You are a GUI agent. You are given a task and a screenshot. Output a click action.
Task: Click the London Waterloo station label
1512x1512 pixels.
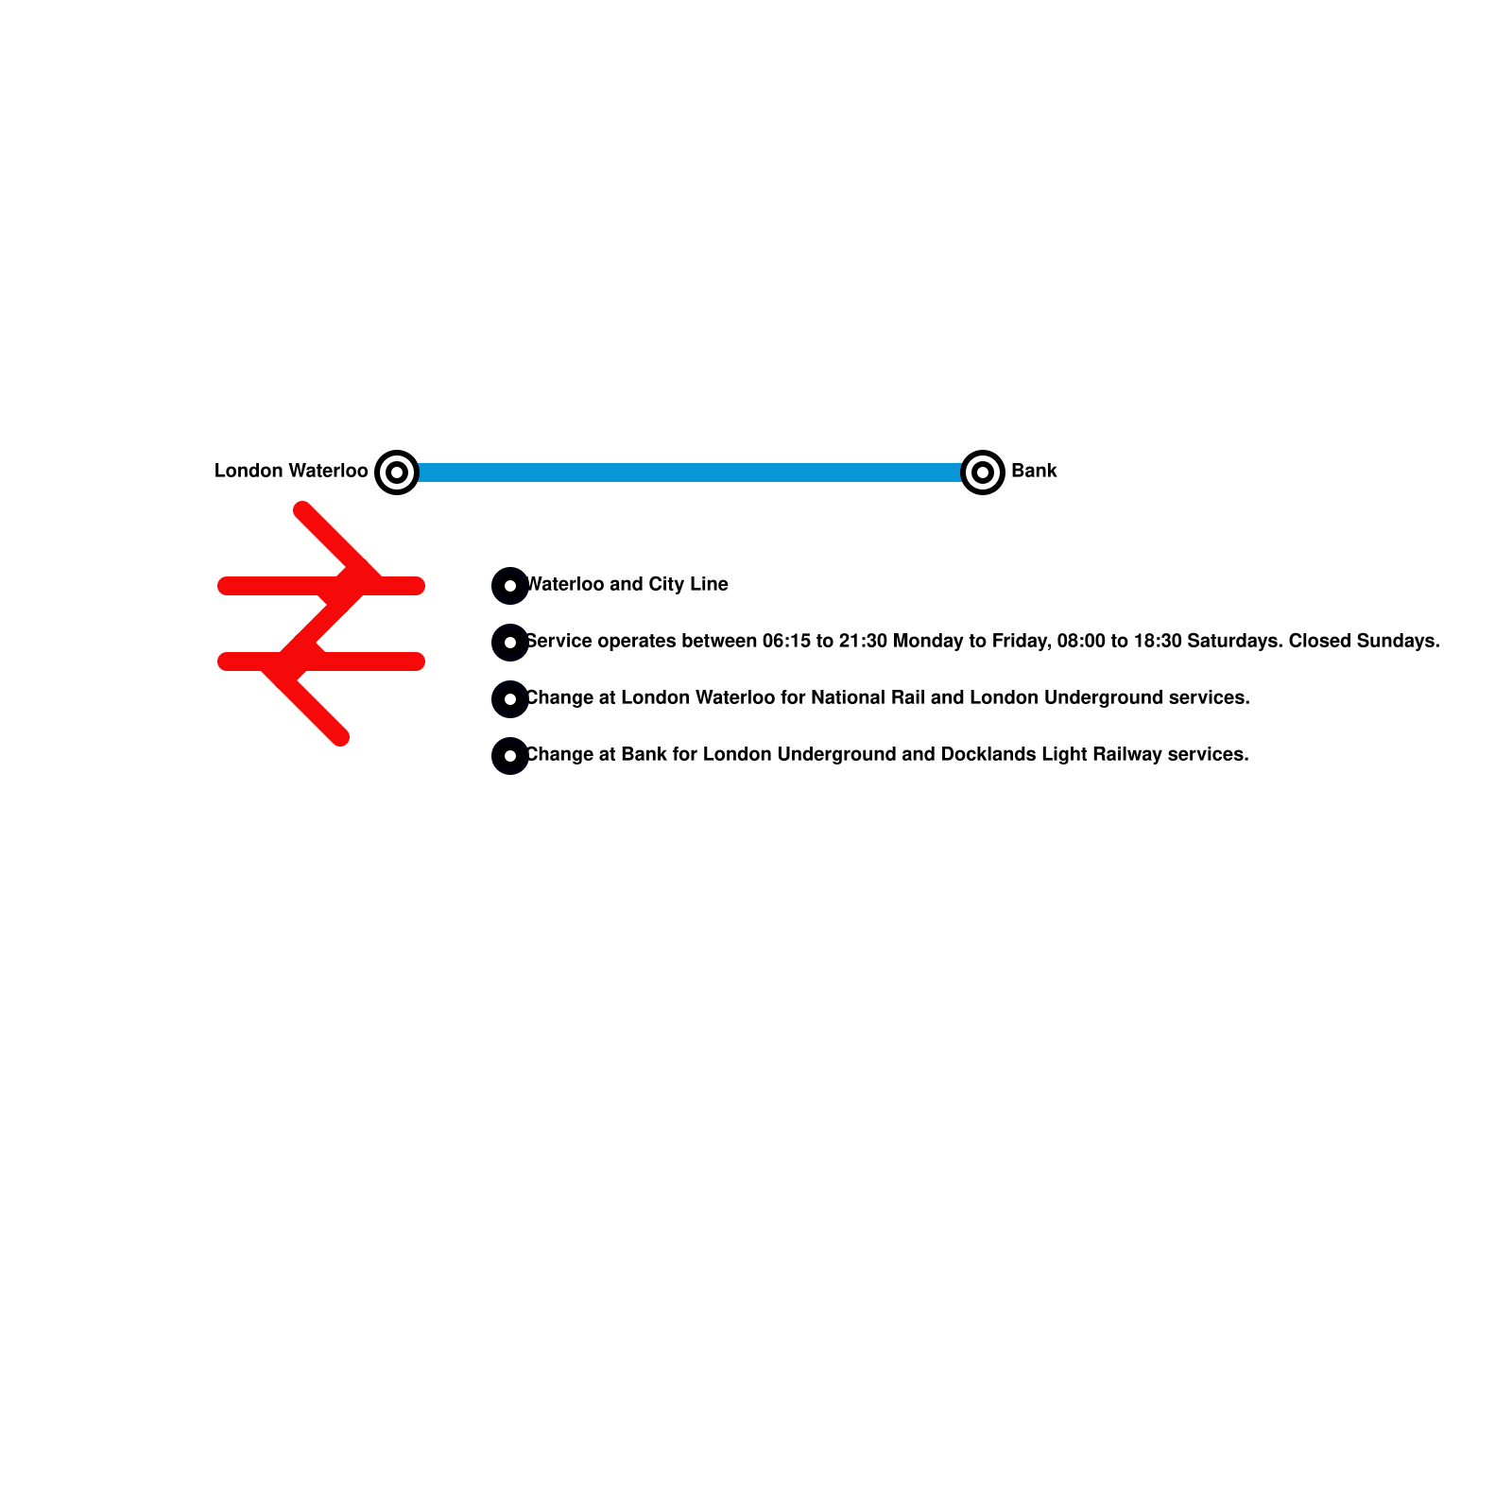coord(291,471)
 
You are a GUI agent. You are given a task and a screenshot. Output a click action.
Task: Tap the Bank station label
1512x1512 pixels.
coord(1034,471)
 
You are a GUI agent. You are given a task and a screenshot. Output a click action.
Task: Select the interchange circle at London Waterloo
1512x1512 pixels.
coord(397,472)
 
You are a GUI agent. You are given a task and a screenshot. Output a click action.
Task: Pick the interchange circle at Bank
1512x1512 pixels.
coord(983,472)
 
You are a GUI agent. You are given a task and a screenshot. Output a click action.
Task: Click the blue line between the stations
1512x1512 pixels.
coord(690,472)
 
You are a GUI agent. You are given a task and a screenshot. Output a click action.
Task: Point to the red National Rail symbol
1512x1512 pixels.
coord(321,624)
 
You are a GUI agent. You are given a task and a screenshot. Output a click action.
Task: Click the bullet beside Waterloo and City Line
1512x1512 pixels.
coord(510,586)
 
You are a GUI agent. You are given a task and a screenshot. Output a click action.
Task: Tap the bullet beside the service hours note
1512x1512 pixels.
coord(510,643)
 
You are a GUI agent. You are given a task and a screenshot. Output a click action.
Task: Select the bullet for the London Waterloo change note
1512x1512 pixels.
coord(510,699)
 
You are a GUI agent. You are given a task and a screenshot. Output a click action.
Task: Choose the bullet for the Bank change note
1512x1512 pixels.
coord(510,756)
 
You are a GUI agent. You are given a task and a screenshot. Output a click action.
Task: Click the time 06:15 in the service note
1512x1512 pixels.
coord(786,641)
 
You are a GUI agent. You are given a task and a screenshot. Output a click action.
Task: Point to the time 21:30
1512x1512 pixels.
coord(862,641)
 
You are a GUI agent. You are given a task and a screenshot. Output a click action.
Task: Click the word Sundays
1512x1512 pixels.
coord(1398,641)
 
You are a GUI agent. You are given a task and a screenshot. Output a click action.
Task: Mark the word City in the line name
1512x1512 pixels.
coord(666,584)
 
